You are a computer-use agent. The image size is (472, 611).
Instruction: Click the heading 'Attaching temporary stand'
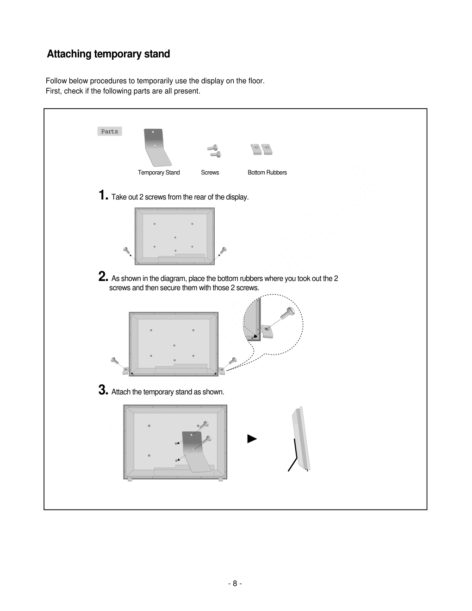coord(108,54)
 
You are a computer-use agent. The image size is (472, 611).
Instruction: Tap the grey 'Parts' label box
coord(110,131)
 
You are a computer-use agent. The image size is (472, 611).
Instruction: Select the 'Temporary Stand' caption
coord(159,173)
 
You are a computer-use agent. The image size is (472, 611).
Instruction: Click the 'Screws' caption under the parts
coord(210,173)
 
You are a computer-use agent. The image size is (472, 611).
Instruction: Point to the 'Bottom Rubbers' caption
coord(267,173)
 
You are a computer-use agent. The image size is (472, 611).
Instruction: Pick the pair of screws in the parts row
coord(214,150)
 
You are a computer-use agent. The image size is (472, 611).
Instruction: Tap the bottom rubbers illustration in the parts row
coord(261,149)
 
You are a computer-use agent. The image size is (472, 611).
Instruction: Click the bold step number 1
coord(103,195)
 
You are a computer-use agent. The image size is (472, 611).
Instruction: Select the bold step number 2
coord(103,277)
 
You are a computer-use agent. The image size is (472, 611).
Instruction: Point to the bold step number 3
coord(103,390)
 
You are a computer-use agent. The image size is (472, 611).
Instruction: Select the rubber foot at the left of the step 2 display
coord(126,370)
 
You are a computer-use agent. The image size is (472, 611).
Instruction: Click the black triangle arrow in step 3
coord(252,438)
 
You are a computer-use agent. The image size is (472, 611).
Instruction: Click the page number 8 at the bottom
coord(235,583)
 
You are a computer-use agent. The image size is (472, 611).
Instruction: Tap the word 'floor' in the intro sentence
coord(255,81)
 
